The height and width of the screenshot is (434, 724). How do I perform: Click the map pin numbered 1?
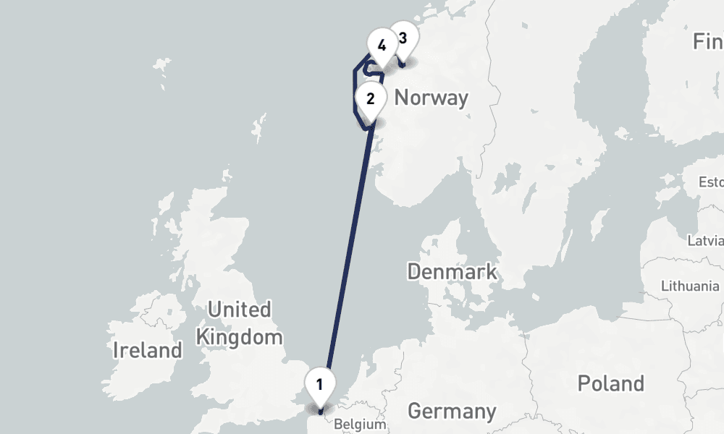point(319,384)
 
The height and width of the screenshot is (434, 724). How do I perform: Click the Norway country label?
point(432,98)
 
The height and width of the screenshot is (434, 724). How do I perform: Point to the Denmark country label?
point(452,272)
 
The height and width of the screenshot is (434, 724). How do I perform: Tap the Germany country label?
point(452,412)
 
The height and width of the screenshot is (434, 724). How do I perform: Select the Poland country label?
point(610,383)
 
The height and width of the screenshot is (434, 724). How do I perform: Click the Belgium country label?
point(360,425)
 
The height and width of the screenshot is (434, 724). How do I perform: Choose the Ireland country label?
point(148,351)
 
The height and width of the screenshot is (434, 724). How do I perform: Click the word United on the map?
point(239,310)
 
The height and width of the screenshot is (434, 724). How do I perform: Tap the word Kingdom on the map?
point(239,336)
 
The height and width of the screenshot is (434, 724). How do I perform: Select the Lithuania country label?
point(690,286)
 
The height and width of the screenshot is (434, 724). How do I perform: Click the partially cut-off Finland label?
point(707,41)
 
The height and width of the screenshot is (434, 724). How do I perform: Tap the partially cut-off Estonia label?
point(710,181)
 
